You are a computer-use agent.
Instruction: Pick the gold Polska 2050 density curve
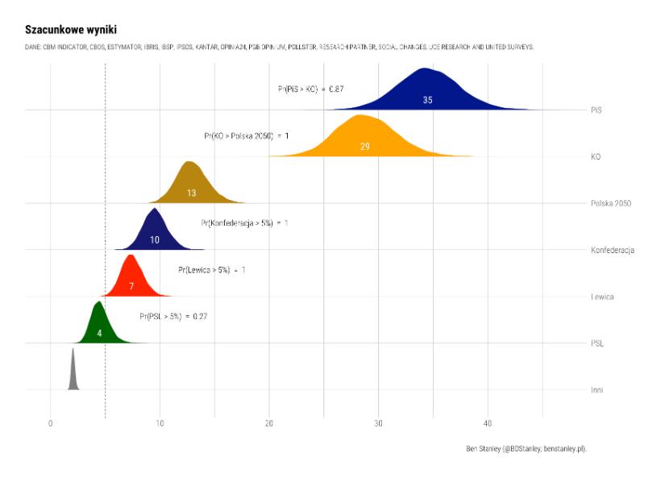pyautogui.click(x=190, y=181)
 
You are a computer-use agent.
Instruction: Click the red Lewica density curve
pyautogui.click(x=131, y=274)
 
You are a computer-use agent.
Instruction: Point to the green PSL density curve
pyautogui.click(x=98, y=322)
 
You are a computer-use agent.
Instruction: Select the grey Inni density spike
pyautogui.click(x=73, y=375)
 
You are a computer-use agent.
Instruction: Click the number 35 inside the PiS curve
pyautogui.click(x=427, y=100)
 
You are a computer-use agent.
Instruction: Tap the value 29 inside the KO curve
pyautogui.click(x=364, y=147)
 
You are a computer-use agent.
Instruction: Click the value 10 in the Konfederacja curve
pyautogui.click(x=155, y=240)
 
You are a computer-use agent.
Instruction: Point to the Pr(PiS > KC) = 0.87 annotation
pyautogui.click(x=311, y=89)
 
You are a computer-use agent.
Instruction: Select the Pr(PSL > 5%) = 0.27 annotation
pyautogui.click(x=173, y=317)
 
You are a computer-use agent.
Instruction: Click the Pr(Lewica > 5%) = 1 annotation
pyautogui.click(x=212, y=270)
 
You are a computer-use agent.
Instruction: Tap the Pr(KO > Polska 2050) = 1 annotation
pyautogui.click(x=246, y=135)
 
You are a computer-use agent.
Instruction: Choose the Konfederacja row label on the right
pyautogui.click(x=613, y=251)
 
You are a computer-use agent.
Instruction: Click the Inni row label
pyautogui.click(x=596, y=391)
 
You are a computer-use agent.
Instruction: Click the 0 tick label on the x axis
pyautogui.click(x=51, y=422)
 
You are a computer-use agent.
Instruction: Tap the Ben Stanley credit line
pyautogui.click(x=526, y=448)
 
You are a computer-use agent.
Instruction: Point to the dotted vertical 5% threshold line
pyautogui.click(x=106, y=202)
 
